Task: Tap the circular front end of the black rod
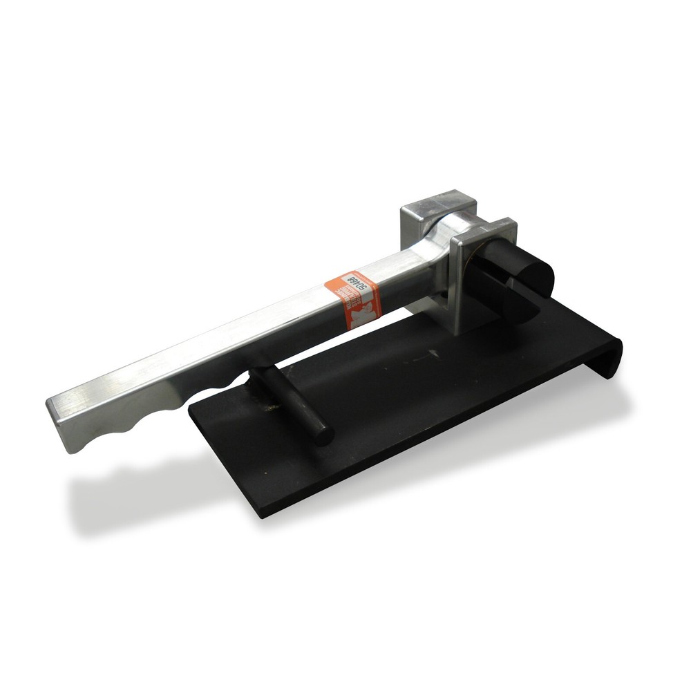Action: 321,432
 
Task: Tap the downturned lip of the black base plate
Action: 612,356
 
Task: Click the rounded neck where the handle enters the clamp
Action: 442,231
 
